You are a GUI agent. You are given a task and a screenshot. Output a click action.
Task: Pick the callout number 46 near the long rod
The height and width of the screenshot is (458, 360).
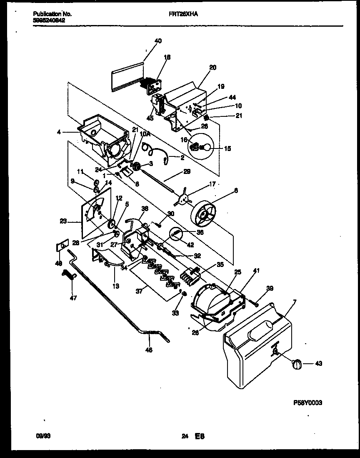coord(149,350)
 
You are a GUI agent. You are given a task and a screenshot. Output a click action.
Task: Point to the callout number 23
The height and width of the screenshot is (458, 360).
coord(63,222)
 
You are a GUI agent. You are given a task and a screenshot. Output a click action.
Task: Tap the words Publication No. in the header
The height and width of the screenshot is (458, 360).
coord(52,14)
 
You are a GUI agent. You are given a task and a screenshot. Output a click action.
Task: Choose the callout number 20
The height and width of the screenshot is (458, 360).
coord(213,68)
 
